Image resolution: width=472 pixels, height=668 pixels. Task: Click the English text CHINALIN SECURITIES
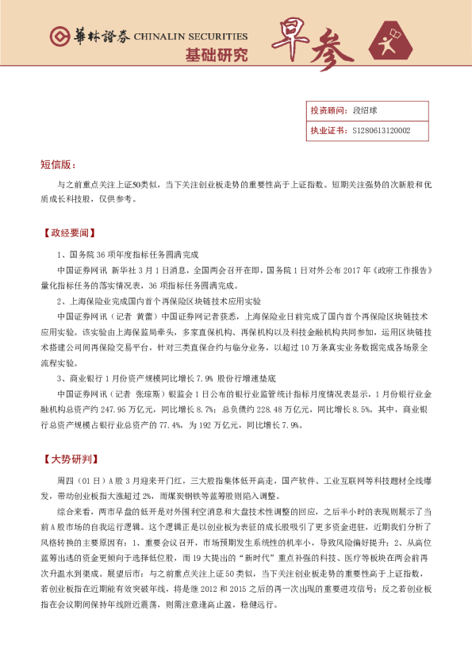[190, 36]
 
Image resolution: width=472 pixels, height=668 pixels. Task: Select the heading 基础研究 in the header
[216, 56]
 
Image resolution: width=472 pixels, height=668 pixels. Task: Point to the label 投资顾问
[326, 111]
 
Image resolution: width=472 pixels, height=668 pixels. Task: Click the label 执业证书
[326, 131]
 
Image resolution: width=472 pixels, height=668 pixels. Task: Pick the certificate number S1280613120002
[380, 131]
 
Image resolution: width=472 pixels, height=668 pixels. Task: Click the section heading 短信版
[58, 164]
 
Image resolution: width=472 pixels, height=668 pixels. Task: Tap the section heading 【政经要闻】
[69, 234]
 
